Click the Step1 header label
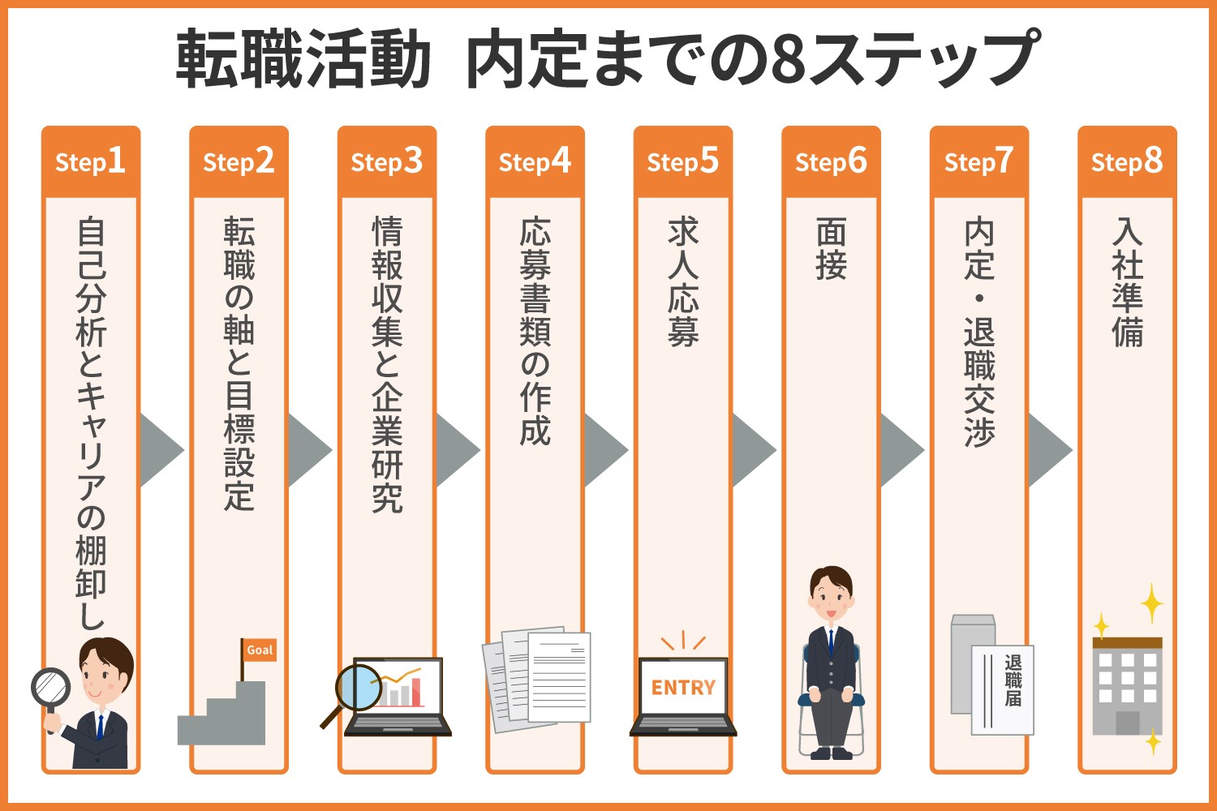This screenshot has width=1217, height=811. point(90,161)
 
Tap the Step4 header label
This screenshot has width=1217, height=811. point(535,161)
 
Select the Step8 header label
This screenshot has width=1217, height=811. point(1127,161)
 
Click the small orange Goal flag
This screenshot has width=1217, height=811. point(260,650)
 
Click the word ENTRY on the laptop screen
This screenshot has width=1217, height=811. point(683,688)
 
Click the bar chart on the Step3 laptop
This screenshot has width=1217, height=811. point(404,692)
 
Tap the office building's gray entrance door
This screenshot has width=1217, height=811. point(1127,722)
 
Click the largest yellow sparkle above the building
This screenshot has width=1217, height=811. point(1151,603)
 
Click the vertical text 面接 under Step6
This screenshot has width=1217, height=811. point(831,249)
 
